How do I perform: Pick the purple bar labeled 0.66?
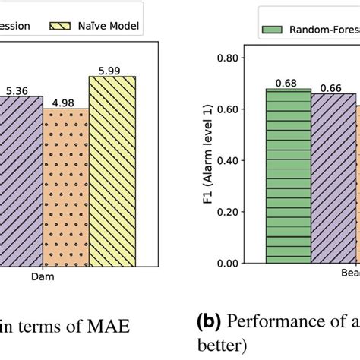333,178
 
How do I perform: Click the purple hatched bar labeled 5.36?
20,182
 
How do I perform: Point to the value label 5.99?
112,70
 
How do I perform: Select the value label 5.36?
19,91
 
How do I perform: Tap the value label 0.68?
289,83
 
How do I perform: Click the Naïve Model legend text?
112,25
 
